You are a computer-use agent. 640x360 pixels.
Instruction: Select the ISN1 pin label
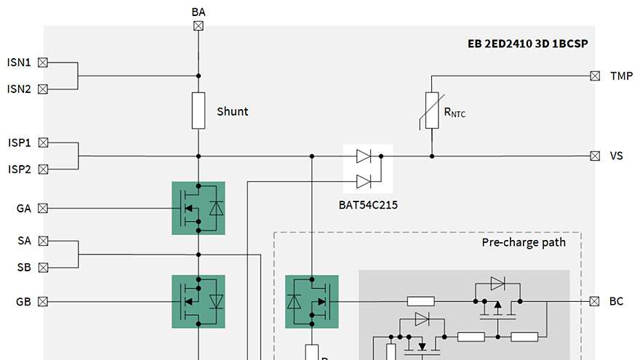pyautogui.click(x=19, y=63)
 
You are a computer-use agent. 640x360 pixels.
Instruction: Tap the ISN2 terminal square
pyautogui.click(x=43, y=89)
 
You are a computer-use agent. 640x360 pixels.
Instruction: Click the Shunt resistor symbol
pyautogui.click(x=198, y=111)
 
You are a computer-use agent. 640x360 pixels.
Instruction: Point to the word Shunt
pyautogui.click(x=232, y=111)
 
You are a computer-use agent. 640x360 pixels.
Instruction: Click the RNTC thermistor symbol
pyautogui.click(x=432, y=111)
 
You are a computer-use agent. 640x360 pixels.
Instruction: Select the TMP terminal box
pyautogui.click(x=595, y=76)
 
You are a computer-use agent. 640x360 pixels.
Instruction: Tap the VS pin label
pyautogui.click(x=617, y=156)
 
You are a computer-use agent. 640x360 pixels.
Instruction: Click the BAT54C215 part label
pyautogui.click(x=368, y=204)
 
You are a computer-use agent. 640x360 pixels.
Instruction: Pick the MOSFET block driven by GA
pyautogui.click(x=198, y=208)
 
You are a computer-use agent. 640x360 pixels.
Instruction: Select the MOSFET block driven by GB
pyautogui.click(x=198, y=301)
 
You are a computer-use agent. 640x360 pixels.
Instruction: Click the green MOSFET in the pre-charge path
pyautogui.click(x=312, y=301)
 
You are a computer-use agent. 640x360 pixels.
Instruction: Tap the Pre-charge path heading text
pyautogui.click(x=523, y=242)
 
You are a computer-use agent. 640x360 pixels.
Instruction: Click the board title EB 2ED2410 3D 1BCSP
pyautogui.click(x=527, y=44)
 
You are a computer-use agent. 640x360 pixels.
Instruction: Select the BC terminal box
pyautogui.click(x=595, y=301)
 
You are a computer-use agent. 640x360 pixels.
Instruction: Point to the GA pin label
pyautogui.click(x=23, y=209)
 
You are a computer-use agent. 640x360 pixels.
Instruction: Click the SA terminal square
pyautogui.click(x=43, y=241)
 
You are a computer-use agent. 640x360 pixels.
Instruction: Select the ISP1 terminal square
pyautogui.click(x=43, y=143)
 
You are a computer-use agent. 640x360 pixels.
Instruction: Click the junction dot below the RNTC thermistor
pyautogui.click(x=432, y=156)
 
